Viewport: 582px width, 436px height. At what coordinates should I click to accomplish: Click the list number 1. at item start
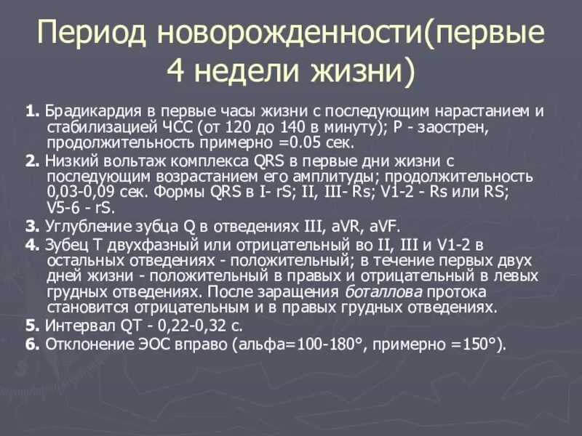[31, 112]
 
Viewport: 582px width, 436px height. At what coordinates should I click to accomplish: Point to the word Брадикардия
[90, 112]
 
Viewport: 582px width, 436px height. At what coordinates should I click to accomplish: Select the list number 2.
[31, 161]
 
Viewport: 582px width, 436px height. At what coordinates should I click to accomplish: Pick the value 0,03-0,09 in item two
[76, 193]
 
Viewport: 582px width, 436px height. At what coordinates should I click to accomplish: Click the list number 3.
[31, 227]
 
